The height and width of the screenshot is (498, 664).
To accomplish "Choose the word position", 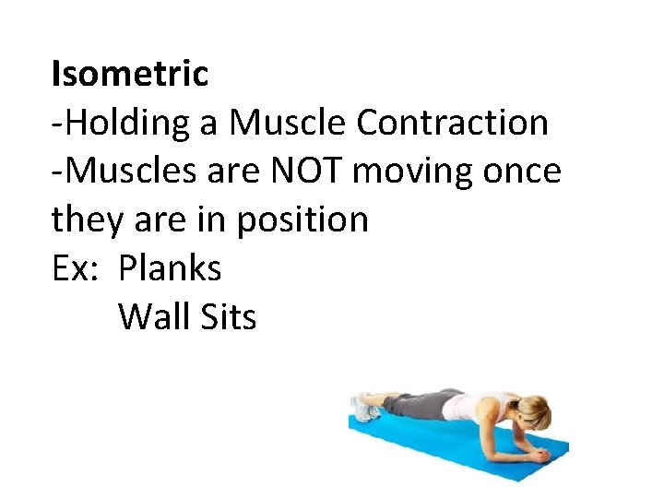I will pyautogui.click(x=303, y=219).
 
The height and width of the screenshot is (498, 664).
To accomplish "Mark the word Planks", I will pyautogui.click(x=171, y=268).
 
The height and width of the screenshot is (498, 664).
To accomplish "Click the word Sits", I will pyautogui.click(x=225, y=317).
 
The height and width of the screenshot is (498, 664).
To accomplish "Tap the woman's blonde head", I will pyautogui.click(x=534, y=409).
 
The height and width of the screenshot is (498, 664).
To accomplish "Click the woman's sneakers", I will pyautogui.click(x=364, y=407).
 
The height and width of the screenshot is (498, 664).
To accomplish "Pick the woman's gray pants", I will pyautogui.click(x=420, y=404).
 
